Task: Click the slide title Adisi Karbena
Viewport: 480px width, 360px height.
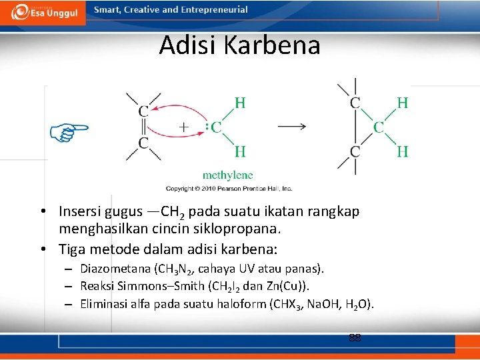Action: pyautogui.click(x=239, y=45)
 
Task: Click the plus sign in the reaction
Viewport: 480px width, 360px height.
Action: pyautogui.click(x=184, y=126)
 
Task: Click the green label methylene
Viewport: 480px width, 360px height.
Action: pyautogui.click(x=227, y=175)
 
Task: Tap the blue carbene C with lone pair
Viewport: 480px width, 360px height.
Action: pyautogui.click(x=215, y=127)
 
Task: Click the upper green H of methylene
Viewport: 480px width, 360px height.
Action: pyautogui.click(x=240, y=102)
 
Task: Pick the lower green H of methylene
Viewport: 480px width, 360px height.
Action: pyautogui.click(x=240, y=152)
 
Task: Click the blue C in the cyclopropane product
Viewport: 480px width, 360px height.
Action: pyautogui.click(x=378, y=127)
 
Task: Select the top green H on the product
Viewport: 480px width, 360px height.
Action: pyautogui.click(x=403, y=102)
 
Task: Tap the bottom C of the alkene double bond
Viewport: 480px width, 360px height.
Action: pyautogui.click(x=143, y=143)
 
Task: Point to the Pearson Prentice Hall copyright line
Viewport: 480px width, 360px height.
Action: pyautogui.click(x=229, y=189)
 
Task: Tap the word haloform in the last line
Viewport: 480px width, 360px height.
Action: pyautogui.click(x=231, y=304)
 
